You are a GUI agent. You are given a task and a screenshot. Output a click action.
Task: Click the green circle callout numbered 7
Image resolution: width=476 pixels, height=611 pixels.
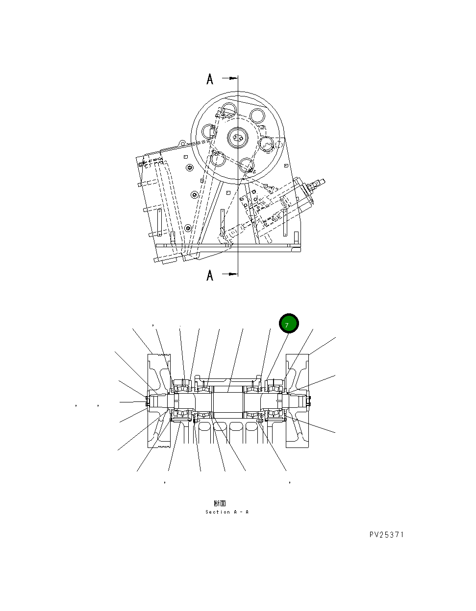coord(289,324)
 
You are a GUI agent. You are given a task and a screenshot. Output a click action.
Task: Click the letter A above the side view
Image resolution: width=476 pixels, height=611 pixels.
coord(210,79)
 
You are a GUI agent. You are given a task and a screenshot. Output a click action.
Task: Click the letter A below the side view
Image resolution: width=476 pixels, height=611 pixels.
coord(210,275)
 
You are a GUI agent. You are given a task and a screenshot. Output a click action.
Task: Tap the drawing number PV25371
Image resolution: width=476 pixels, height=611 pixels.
coord(386,535)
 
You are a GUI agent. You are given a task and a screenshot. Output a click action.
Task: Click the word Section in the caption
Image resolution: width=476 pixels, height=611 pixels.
coord(218,512)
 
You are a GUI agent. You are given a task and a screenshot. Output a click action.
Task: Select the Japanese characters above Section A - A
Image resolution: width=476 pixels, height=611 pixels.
coord(220,503)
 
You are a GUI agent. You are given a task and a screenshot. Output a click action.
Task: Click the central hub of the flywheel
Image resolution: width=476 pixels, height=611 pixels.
coord(239,137)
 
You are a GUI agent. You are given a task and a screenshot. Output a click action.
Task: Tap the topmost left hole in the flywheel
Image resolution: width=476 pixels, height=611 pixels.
coord(229,110)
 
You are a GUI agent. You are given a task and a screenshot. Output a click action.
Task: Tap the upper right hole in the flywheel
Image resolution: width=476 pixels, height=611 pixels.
coord(257,116)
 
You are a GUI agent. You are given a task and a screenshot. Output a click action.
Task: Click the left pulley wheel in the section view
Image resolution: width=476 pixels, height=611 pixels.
coord(159,400)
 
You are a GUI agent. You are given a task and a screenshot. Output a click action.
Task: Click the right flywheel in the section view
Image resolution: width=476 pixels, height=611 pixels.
coord(297,400)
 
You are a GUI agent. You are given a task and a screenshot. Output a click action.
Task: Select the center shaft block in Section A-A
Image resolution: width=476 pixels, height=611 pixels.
coord(228,400)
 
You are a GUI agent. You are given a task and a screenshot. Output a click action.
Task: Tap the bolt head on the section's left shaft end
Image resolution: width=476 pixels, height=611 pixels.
coord(147,401)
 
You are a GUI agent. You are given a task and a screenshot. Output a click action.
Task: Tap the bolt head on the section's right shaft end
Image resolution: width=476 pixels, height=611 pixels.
coord(309,401)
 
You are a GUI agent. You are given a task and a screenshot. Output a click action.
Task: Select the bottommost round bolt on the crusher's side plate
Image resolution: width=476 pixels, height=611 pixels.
coord(188,228)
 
